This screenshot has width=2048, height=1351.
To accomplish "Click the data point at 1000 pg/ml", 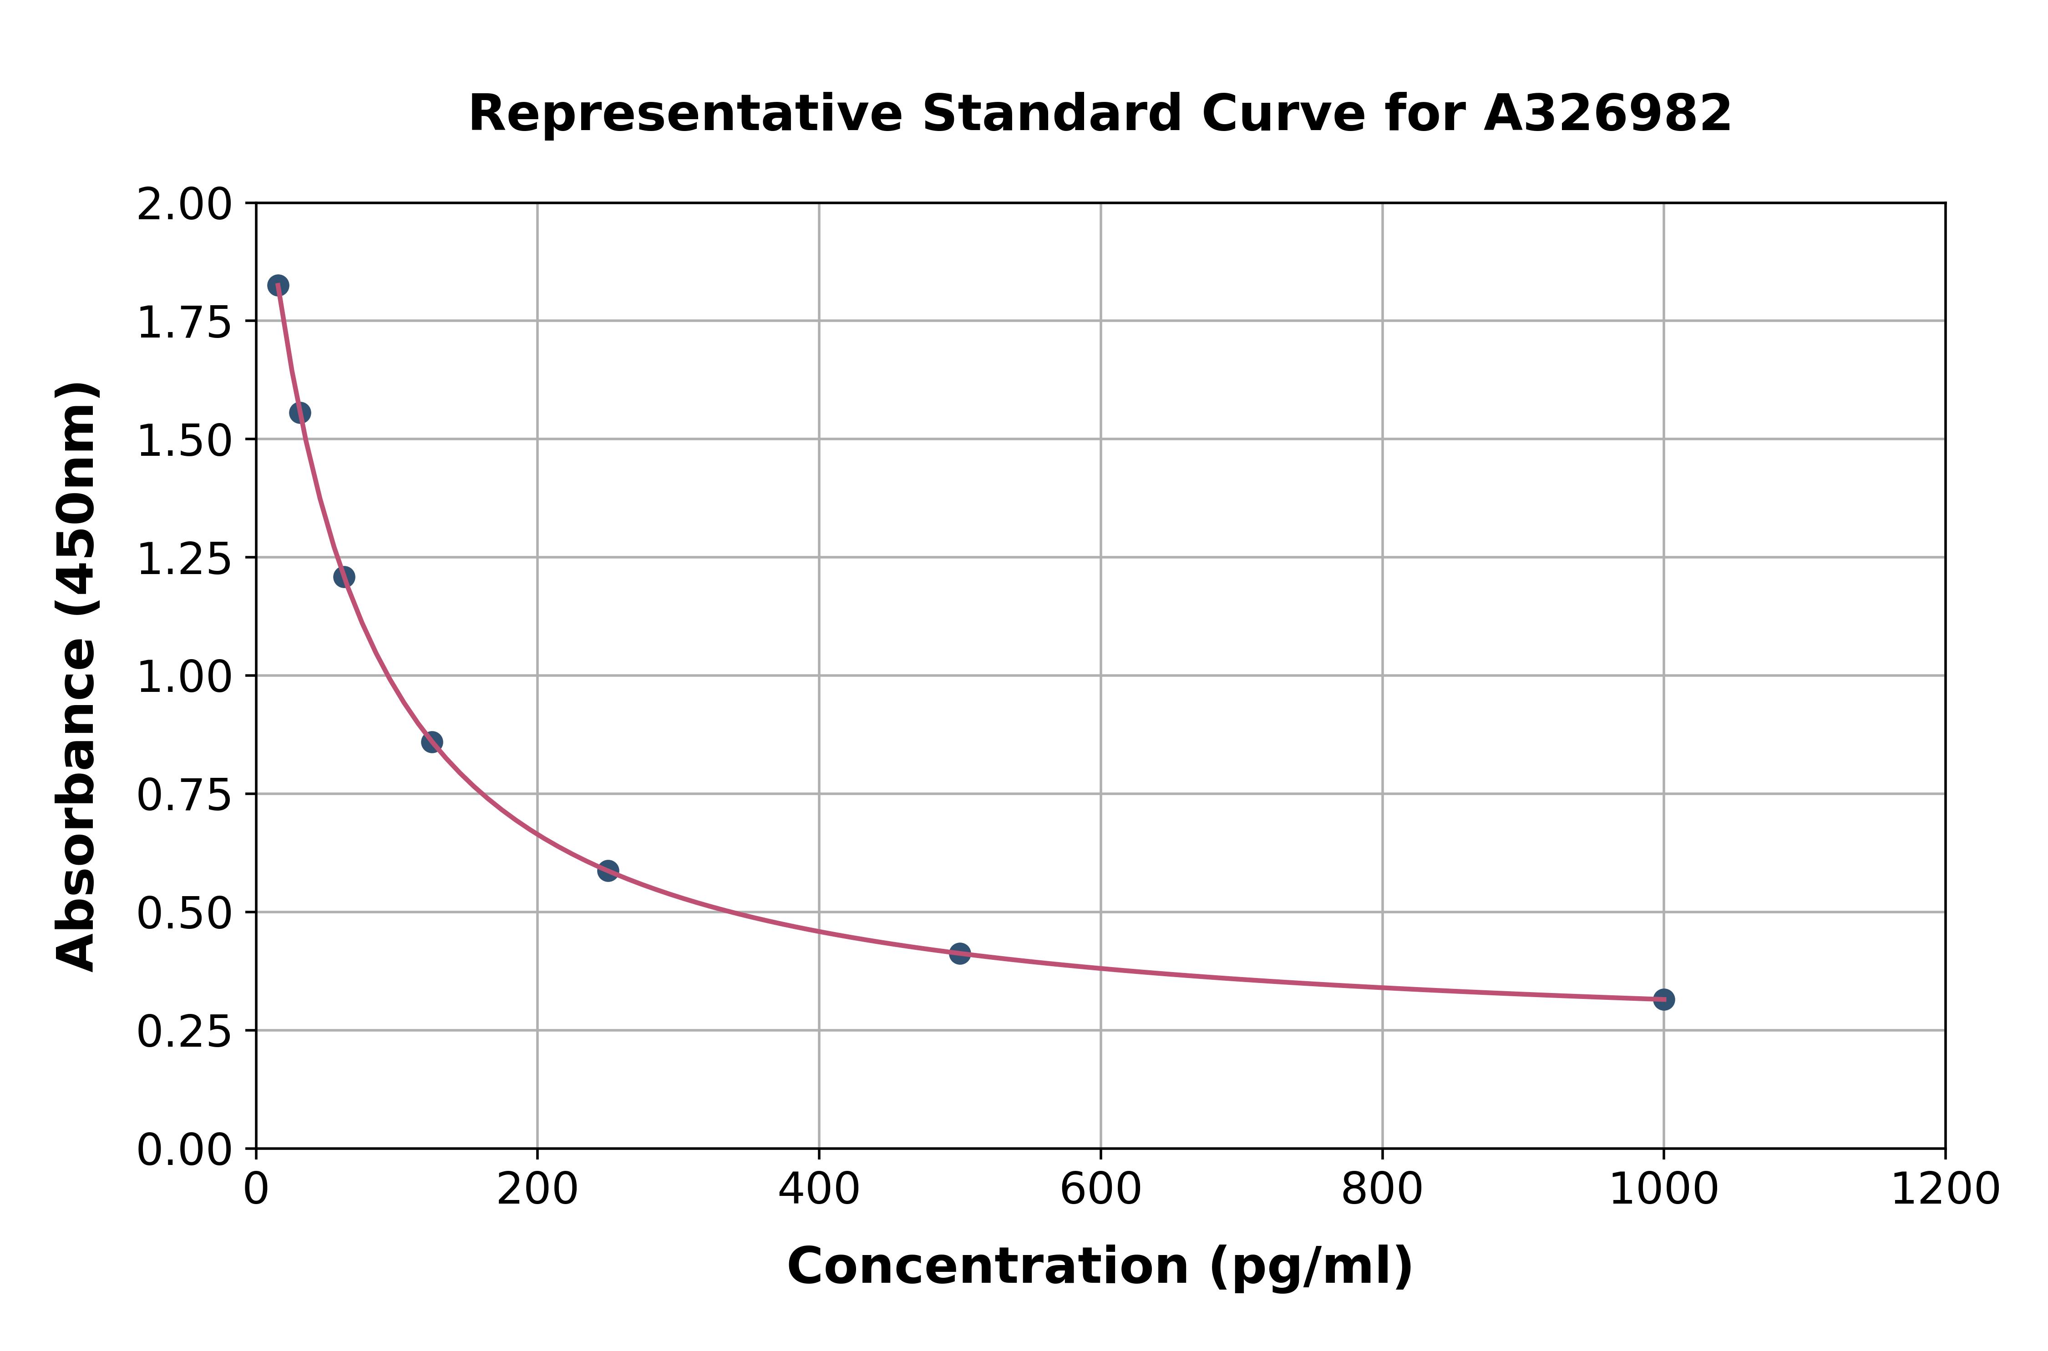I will click(x=1663, y=999).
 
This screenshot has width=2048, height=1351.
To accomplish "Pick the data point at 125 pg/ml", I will click(x=432, y=742).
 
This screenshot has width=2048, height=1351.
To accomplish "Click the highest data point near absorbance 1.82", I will click(x=278, y=285).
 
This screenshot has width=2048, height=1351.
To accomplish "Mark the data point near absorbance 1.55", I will click(x=300, y=413).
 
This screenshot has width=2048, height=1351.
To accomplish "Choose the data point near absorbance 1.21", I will click(x=344, y=576).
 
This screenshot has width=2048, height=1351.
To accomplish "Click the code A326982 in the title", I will click(x=1607, y=114).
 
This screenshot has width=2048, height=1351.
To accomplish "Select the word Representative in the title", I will click(x=685, y=114).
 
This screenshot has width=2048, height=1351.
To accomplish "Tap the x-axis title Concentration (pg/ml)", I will click(x=1100, y=1266).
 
